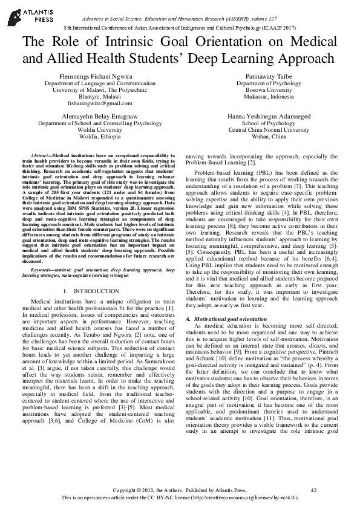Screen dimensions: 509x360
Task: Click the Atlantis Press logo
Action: pos(25,13)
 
